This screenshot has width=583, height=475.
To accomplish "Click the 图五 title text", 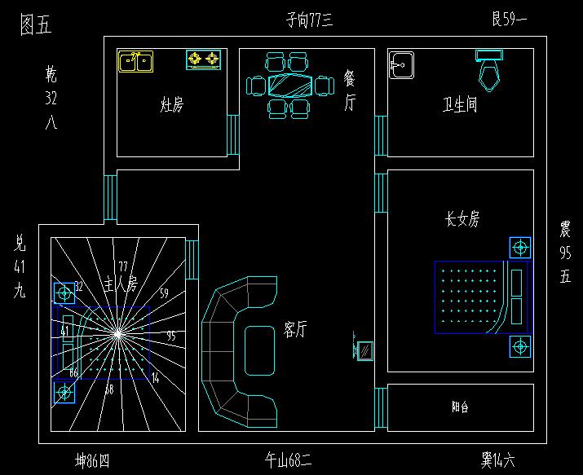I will [35, 25].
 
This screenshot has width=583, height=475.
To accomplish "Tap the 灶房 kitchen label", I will [172, 105].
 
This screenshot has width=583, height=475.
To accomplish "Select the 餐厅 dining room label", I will [350, 90].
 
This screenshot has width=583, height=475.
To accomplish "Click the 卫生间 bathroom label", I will [460, 105].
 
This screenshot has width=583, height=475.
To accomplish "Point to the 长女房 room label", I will [462, 219].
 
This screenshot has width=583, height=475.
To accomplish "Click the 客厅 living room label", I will [294, 329].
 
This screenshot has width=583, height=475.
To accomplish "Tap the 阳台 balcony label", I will [460, 407].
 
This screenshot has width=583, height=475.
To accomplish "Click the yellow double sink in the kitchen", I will [136, 61].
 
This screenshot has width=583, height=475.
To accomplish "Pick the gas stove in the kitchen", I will [204, 59].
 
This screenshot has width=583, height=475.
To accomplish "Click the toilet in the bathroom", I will [490, 68].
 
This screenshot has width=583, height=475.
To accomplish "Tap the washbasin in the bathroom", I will [401, 66].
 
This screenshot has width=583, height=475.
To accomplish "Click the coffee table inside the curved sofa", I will [260, 350].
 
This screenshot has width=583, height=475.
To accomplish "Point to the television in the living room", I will [364, 350].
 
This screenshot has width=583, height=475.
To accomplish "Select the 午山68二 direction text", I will [289, 461].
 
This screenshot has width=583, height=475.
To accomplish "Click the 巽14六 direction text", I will [497, 461].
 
